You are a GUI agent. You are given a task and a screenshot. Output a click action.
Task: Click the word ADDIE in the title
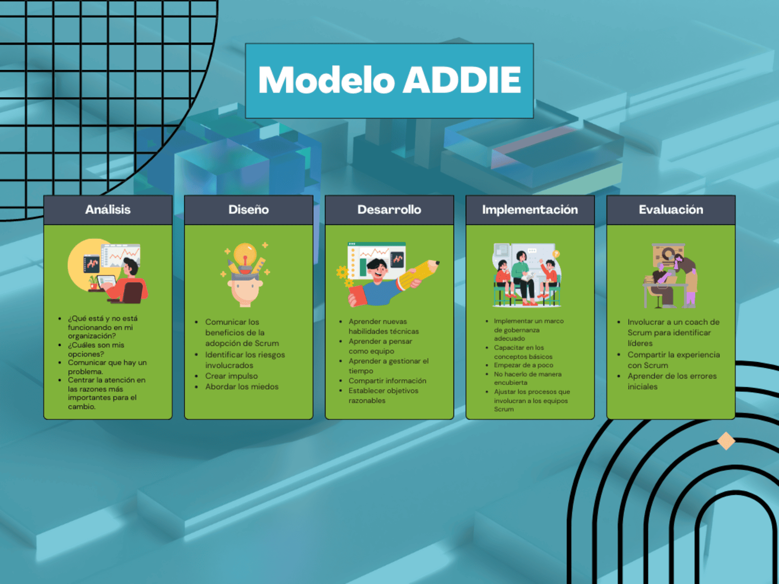tap(462, 79)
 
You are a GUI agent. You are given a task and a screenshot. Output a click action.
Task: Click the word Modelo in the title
tap(326, 79)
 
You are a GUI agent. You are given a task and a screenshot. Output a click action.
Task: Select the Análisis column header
tap(108, 210)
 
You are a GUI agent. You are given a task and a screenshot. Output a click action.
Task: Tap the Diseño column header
tap(249, 210)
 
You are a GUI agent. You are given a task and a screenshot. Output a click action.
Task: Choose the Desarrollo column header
tap(389, 210)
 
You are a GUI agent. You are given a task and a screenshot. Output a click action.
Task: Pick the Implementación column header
tap(530, 210)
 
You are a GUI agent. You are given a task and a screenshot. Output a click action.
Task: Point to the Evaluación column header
tap(671, 210)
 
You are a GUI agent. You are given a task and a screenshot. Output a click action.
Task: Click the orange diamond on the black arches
tap(726, 441)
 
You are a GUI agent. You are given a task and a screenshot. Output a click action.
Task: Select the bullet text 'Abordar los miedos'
tap(242, 386)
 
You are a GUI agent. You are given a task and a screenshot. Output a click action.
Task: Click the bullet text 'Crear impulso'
tap(231, 376)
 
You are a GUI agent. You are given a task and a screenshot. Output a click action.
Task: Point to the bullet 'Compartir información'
tap(387, 381)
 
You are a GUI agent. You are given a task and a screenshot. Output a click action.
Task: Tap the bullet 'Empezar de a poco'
tap(523, 365)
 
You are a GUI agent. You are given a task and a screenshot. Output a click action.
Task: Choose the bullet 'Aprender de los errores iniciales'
tap(672, 381)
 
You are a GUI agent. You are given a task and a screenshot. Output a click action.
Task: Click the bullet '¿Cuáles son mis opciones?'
tap(96, 349)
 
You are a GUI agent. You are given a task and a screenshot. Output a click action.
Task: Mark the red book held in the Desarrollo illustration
tap(357, 296)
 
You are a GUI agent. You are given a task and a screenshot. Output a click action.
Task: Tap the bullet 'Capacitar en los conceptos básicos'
tap(523, 352)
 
